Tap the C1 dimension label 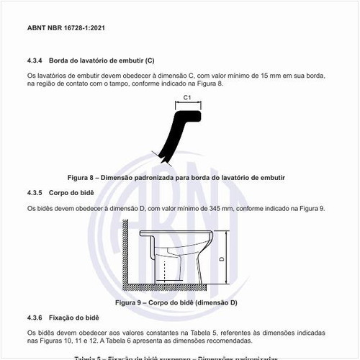click(186, 96)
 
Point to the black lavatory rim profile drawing click(177, 133)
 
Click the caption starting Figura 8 click(176, 176)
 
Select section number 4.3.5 click(35, 193)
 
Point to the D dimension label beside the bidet click(221, 258)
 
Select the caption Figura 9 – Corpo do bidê click(176, 302)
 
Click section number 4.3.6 click(35, 318)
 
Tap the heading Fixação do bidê click(73, 318)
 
